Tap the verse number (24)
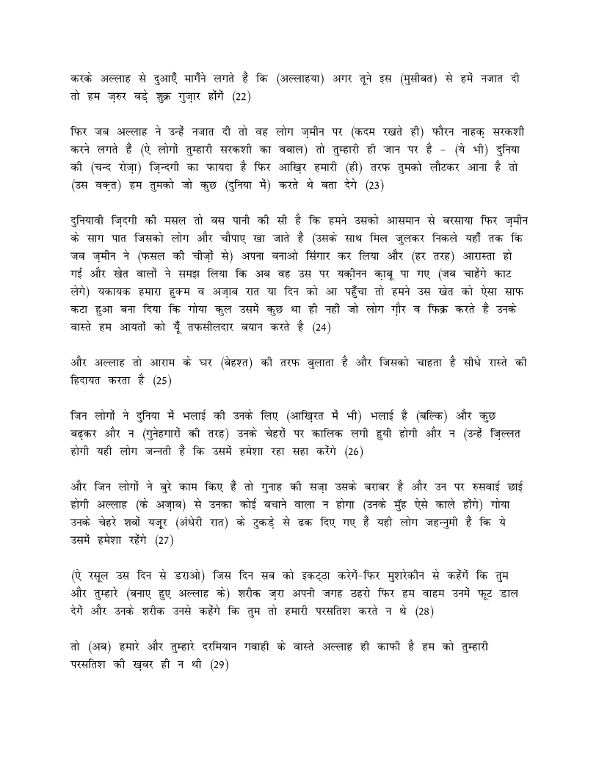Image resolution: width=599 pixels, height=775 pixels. coord(321,328)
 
